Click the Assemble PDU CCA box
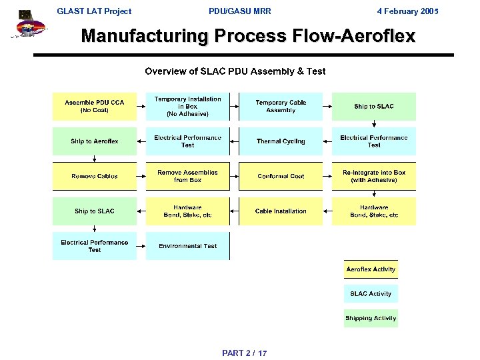pos(94,107)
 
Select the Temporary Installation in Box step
pos(187,107)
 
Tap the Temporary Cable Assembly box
pos(281,107)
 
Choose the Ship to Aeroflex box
pos(94,141)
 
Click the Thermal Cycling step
pos(281,141)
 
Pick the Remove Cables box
pos(94,176)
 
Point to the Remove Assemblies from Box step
pos(187,176)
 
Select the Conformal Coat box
pos(281,176)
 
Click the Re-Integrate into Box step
pos(374,176)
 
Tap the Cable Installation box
pos(281,211)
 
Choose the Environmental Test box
pos(187,246)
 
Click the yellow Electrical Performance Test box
pos(187,141)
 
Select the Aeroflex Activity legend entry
pos(371,269)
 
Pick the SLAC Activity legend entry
pos(371,294)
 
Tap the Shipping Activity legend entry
pos(371,318)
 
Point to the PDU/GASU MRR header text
pos(240,11)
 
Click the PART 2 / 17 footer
pos(245,353)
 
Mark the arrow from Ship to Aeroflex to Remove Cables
pos(95,159)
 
